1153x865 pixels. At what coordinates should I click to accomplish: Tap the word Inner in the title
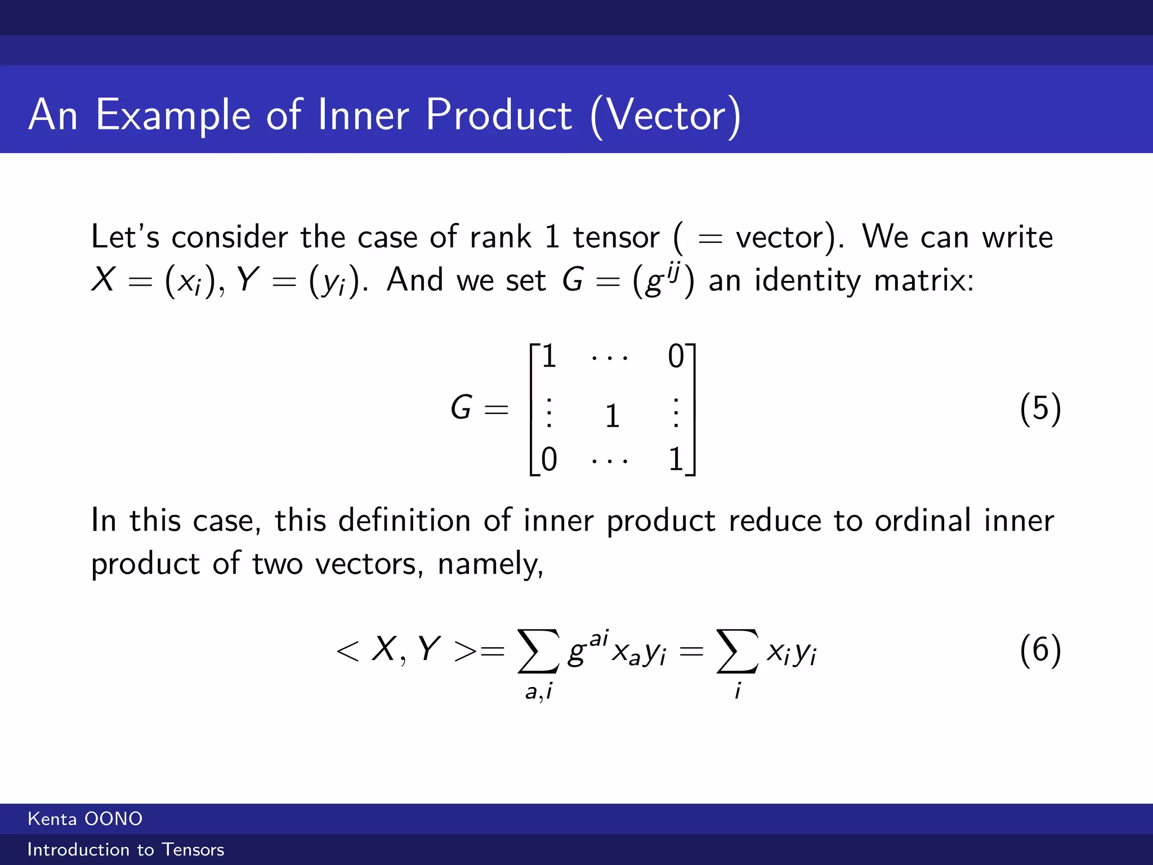(x=363, y=115)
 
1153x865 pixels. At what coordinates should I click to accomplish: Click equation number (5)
(x=1040, y=408)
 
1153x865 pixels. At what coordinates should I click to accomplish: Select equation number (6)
(x=1040, y=650)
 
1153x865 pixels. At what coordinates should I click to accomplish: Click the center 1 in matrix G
(x=613, y=416)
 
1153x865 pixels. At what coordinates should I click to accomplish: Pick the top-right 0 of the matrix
(x=676, y=356)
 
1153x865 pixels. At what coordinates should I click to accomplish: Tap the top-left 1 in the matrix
(x=549, y=356)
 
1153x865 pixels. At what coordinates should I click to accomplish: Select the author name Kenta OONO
(x=85, y=819)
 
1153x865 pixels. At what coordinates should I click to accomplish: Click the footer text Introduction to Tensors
(x=126, y=849)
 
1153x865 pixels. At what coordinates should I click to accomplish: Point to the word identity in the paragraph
(x=807, y=280)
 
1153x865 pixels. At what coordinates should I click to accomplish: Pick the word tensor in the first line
(x=616, y=237)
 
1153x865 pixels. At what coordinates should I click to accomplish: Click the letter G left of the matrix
(x=461, y=408)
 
